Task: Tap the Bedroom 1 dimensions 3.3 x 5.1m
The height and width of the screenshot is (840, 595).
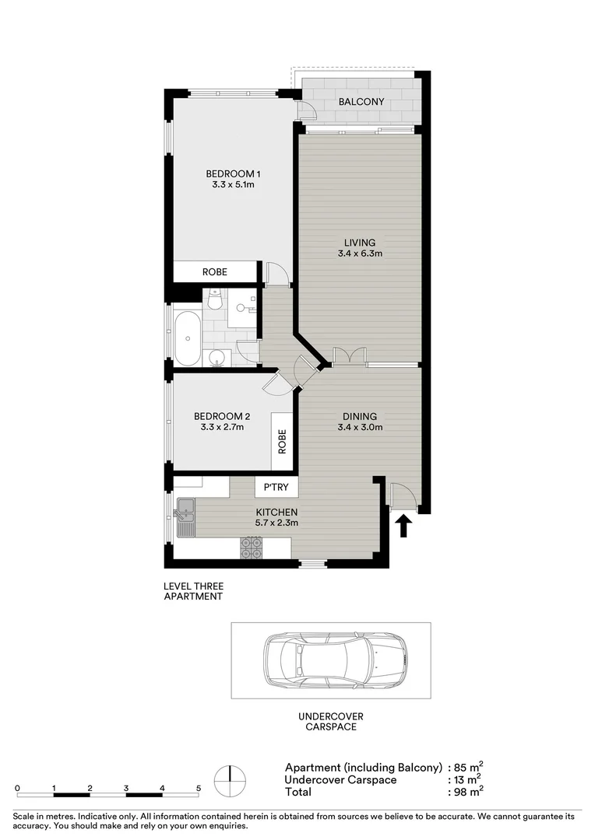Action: tap(233, 185)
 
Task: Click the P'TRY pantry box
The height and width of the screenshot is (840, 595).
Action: tap(277, 488)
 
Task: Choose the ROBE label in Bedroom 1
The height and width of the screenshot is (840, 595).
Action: tap(214, 272)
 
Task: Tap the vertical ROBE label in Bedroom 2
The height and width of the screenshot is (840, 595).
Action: tap(282, 442)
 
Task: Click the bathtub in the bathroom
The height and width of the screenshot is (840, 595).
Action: tap(188, 338)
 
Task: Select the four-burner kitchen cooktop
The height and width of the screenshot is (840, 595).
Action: tap(251, 549)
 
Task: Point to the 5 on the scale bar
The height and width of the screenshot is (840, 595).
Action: tap(199, 788)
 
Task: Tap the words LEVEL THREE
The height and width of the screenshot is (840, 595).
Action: tap(192, 586)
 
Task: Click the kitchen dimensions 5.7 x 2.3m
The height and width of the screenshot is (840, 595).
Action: tap(277, 523)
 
